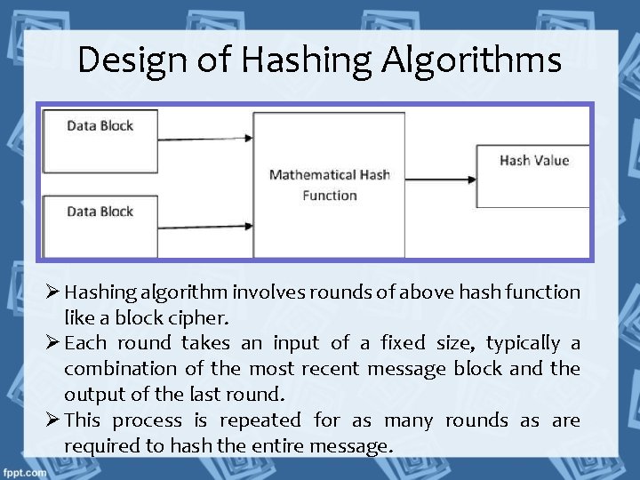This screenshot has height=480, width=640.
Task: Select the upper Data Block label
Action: pos(100,125)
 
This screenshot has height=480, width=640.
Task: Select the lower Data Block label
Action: pos(100,212)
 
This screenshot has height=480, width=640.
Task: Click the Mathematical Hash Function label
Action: pos(329,185)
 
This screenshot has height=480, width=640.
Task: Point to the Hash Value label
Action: pos(534,160)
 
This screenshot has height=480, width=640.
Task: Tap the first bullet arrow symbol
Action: pos(52,292)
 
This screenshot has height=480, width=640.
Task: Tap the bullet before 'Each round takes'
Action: pos(52,343)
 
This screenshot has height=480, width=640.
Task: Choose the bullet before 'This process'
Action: pos(52,420)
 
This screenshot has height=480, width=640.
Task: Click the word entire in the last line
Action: pos(269,446)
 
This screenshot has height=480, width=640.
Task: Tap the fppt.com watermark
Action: pos(24,472)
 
